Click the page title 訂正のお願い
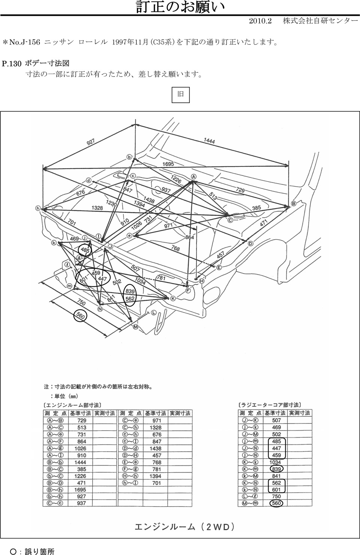tap(180, 7)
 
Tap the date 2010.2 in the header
tap(260, 21)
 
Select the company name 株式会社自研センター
tap(320, 21)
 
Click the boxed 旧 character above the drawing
tap(181, 94)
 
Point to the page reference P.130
tap(12, 64)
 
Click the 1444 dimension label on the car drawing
tap(209, 141)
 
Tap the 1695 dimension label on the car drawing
tap(168, 164)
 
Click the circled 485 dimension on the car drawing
tap(85, 250)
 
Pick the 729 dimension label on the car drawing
tap(240, 190)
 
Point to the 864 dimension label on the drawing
tap(190, 237)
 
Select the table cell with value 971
tap(156, 420)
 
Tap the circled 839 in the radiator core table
tap(276, 469)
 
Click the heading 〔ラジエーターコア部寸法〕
tap(270, 405)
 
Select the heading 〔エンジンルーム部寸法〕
tap(72, 405)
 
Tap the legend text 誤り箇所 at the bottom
tap(39, 551)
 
